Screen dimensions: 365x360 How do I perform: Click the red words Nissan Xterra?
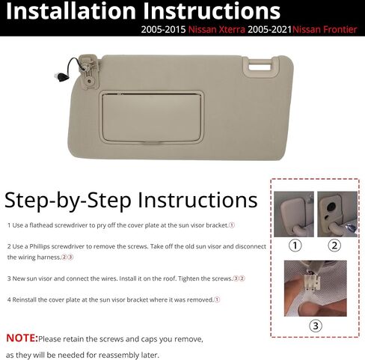point(217,29)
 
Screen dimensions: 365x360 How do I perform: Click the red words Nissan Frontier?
point(325,29)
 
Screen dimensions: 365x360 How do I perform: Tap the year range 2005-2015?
point(163,29)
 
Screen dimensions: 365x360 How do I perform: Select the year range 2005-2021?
point(269,29)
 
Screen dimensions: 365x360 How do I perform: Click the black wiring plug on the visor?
point(60,77)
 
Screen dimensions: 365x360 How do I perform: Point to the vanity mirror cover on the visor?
point(151,118)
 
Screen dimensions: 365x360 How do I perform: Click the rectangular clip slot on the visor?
point(260,67)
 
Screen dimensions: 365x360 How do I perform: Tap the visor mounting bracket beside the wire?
point(88,71)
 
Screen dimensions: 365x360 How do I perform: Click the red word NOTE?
point(22,338)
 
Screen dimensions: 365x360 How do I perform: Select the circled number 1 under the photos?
point(295,245)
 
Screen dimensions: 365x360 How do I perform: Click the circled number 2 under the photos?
point(334,245)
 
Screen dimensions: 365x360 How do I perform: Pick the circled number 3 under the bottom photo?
point(316,326)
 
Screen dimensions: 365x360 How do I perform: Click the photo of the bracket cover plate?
point(294,214)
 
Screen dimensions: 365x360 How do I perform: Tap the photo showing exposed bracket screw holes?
point(337,214)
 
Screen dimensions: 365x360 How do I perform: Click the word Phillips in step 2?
point(40,246)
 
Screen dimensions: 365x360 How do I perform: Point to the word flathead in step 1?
point(41,225)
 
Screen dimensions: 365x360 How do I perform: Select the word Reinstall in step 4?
point(24,299)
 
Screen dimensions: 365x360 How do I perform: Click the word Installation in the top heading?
point(71,11)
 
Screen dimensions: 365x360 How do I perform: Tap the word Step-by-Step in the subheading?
point(68,201)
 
